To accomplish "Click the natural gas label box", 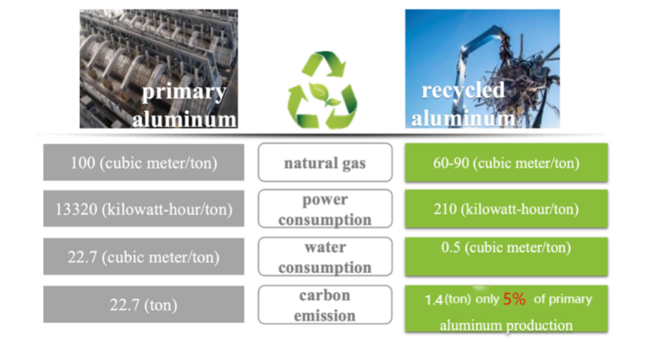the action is tap(325, 163).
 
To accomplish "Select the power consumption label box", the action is tap(325, 209).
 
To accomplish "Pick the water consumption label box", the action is tap(325, 256).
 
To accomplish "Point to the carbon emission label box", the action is tap(325, 305).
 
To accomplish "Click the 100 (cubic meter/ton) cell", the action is tap(144, 163).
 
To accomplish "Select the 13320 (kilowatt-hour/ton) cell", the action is tap(144, 209).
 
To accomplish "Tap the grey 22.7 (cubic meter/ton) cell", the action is tap(144, 256).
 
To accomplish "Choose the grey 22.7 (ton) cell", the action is tap(144, 304).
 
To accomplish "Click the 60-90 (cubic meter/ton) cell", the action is tap(506, 163).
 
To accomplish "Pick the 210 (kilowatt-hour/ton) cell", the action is tap(506, 209).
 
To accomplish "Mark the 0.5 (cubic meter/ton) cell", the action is tap(506, 256).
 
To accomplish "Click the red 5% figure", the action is tap(514, 299).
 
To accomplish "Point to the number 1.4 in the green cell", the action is tap(433, 299).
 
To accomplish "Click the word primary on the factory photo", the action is tap(184, 92).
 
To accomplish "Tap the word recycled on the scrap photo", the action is tap(463, 91).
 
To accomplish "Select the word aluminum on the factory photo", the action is tap(184, 119).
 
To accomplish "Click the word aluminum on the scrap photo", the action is tap(463, 118).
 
